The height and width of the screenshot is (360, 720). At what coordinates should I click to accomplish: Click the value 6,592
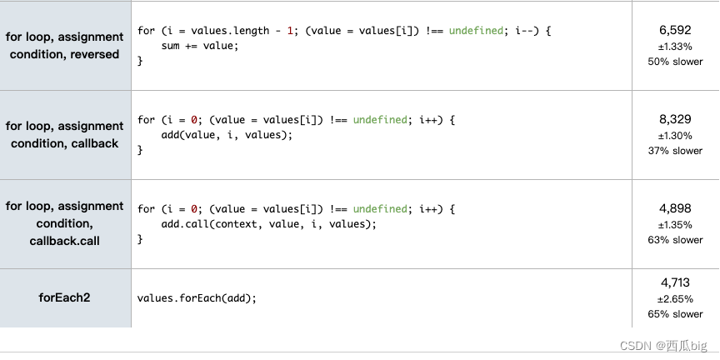(675, 30)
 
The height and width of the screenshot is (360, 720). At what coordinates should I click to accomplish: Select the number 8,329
(675, 119)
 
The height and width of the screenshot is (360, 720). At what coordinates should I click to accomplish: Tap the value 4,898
(675, 208)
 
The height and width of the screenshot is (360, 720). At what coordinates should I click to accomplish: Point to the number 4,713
(675, 282)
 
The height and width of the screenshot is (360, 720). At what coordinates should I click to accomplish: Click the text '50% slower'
(675, 61)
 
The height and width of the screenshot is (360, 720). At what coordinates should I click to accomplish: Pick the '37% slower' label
(675, 151)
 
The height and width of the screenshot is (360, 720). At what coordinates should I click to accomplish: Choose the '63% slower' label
(675, 240)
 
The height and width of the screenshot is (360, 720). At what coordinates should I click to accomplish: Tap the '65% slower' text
(675, 314)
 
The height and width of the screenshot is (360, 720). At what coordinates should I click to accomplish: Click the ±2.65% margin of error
(675, 298)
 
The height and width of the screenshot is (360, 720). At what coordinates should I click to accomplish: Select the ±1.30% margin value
(675, 136)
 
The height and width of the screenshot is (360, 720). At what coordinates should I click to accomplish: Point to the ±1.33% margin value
(675, 46)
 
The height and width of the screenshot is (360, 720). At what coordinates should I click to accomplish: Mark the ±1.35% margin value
(675, 225)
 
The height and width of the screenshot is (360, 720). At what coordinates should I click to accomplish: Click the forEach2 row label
(64, 297)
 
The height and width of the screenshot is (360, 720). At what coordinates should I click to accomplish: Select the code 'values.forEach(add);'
(197, 297)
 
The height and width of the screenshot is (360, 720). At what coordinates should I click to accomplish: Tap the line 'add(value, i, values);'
(227, 135)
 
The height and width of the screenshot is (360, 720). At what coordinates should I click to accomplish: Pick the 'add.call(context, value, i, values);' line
(269, 224)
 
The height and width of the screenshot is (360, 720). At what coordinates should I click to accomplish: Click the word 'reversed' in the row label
(94, 54)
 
